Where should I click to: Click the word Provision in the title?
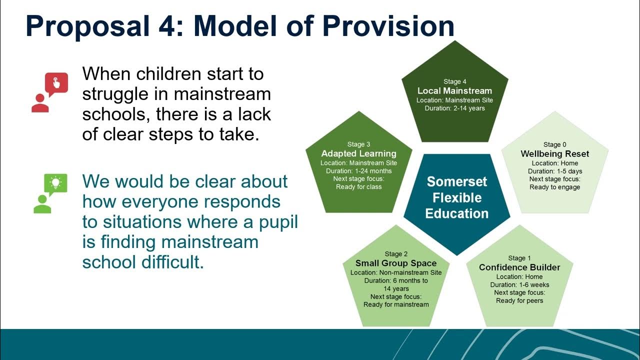pos(388,26)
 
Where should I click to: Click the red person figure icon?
pos(40,103)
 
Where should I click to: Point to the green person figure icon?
pos(42,204)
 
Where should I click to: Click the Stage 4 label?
pos(455,81)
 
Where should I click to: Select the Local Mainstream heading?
pos(455,91)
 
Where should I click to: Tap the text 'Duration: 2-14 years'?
pos(455,108)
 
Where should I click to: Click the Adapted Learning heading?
pos(359,153)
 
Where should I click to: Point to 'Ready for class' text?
pos(359,187)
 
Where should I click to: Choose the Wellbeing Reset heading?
pos(555,153)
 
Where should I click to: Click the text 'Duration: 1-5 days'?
pos(555,171)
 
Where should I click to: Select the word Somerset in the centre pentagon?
pos(457,181)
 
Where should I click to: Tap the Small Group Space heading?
pos(396,263)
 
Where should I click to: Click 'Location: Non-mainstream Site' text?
pos(396,272)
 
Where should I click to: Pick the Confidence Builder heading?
pos(519,267)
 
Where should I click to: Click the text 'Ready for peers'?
pos(519,300)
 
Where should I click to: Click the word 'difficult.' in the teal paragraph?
pos(173,261)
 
